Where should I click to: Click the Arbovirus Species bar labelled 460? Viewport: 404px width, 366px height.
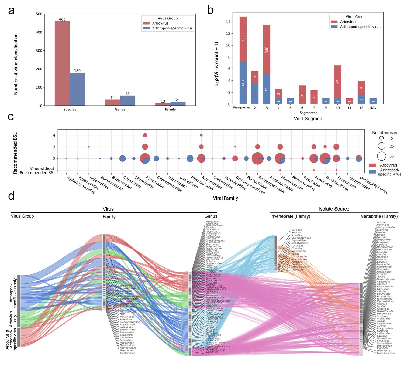point(62,63)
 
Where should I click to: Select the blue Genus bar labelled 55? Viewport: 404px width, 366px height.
point(128,101)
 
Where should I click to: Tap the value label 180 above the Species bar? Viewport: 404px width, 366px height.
point(77,71)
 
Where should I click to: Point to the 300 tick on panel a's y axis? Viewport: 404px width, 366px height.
point(39,51)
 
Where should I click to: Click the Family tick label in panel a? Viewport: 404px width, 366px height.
point(170,110)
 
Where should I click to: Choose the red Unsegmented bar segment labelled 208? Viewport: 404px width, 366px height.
point(243,39)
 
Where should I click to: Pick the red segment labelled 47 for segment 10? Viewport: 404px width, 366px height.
point(337,82)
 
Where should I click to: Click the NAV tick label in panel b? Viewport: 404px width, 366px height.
point(373,107)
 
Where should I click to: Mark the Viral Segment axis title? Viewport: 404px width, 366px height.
point(309,119)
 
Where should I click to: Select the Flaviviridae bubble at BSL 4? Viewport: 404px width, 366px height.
point(145,135)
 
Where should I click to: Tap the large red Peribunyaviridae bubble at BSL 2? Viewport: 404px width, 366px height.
point(257,158)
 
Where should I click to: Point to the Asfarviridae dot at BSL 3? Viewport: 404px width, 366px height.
point(89,147)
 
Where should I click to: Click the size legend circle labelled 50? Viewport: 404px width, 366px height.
point(382,156)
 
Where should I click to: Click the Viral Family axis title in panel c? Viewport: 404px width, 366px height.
point(225,198)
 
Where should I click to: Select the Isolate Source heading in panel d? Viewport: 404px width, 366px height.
point(334,209)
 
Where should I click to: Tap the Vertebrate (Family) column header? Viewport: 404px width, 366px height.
point(379,216)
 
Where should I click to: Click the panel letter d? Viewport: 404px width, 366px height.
point(11,196)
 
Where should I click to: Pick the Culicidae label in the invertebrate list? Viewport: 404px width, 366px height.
point(296,230)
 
